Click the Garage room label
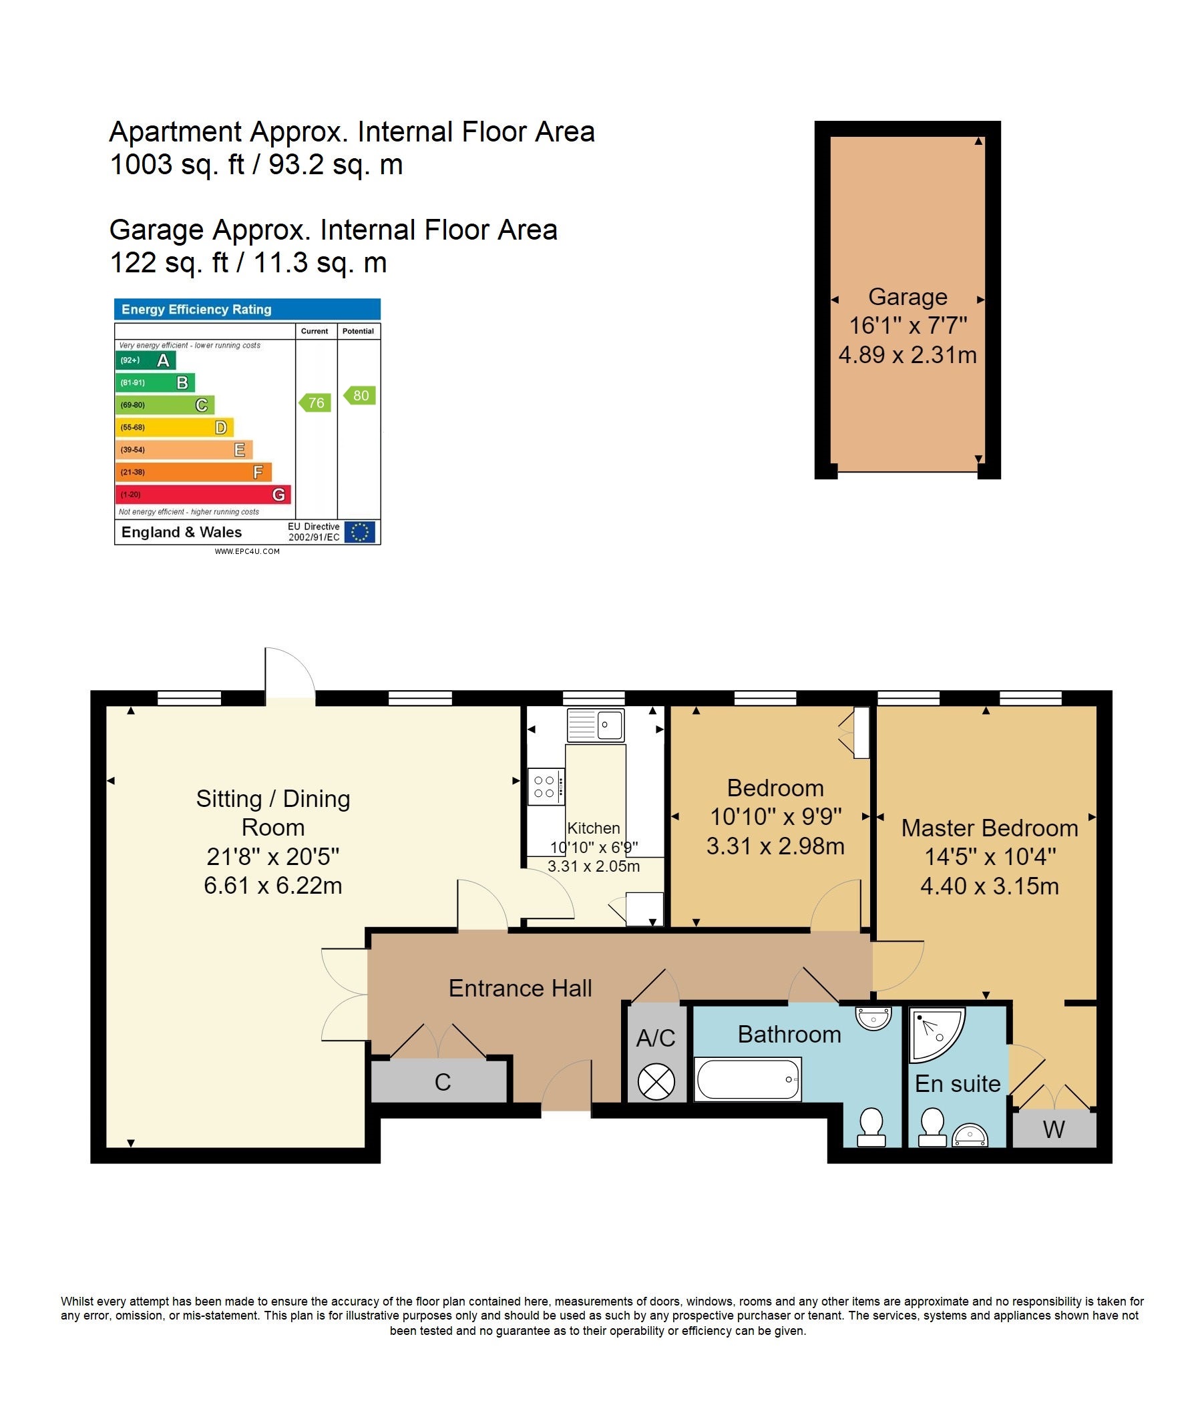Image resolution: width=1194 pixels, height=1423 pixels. coord(908,297)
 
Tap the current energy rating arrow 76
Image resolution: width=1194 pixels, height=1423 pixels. coord(315,402)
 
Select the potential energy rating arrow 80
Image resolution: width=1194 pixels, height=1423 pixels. coord(359,395)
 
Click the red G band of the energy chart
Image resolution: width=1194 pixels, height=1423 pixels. coord(204,494)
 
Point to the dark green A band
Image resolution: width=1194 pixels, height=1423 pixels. coord(146,360)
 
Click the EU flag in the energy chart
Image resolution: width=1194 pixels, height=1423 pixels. coord(359,532)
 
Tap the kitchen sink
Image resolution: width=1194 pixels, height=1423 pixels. coord(596,724)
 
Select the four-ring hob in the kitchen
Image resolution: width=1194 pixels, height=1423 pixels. coord(546,786)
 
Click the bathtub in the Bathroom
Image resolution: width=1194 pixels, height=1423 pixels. coord(748,1079)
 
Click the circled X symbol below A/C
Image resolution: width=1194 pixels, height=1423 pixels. coord(656,1081)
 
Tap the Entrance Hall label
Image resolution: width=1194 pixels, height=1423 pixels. coord(520,988)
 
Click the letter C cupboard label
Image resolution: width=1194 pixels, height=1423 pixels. coord(442,1082)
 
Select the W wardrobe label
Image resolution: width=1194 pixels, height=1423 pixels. coord(1054,1129)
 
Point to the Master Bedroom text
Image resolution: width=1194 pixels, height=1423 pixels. coord(989,828)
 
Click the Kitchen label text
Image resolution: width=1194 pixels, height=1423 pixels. coord(593,828)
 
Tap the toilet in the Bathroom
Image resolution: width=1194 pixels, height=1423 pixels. coord(871,1127)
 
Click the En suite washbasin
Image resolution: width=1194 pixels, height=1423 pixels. coord(970,1135)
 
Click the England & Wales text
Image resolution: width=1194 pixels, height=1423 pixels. coord(181,532)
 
